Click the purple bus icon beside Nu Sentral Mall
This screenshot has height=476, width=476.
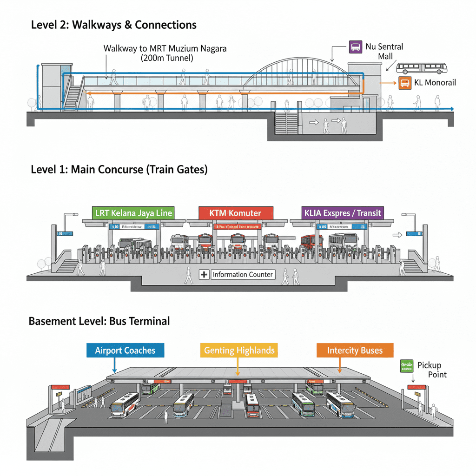coord(355,46)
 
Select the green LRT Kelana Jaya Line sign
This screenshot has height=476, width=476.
coord(133,213)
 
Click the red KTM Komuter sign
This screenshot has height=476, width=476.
coord(235,213)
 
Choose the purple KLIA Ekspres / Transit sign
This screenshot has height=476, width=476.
coord(343,213)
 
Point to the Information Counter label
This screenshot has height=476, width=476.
coord(242,275)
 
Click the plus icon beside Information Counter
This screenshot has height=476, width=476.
coord(204,275)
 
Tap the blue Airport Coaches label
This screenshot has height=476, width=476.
coord(125,350)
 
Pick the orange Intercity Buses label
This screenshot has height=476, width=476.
coord(355,350)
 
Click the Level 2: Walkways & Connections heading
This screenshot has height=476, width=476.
coord(114,25)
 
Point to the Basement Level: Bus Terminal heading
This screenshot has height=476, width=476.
coord(99,321)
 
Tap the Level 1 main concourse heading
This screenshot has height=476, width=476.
coord(119,170)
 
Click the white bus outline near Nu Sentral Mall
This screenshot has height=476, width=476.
coord(422,68)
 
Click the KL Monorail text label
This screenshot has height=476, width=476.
coord(435,83)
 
